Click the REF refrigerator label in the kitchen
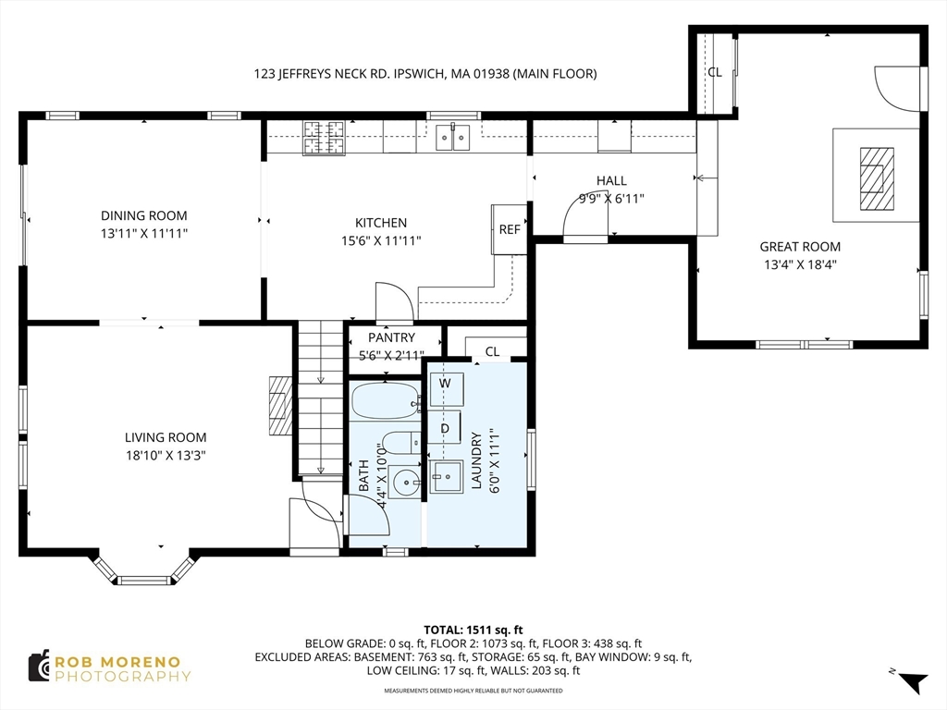(510, 229)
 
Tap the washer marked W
(447, 389)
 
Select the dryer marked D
(445, 427)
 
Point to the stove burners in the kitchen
(324, 137)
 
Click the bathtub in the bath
(385, 400)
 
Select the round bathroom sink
(405, 482)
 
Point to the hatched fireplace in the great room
(877, 178)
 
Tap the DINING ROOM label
(143, 215)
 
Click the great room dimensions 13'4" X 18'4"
(800, 264)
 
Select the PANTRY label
(391, 337)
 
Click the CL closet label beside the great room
(715, 72)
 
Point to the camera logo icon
(40, 667)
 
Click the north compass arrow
(913, 681)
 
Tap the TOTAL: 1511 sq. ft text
(473, 630)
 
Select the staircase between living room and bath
(321, 398)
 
